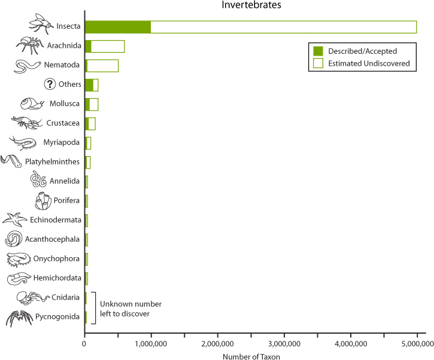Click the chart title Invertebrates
[251, 5]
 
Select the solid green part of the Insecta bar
[118, 27]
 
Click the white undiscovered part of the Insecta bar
[284, 27]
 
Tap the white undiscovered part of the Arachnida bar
[108, 46]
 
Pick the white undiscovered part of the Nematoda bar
[103, 66]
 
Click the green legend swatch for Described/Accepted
[318, 51]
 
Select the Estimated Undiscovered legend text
[369, 63]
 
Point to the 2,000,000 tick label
[218, 344]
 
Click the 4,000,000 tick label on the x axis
[351, 344]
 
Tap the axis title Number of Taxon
[251, 356]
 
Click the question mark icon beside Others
[50, 84]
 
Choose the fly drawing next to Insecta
[41, 24]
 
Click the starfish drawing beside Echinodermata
[15, 219]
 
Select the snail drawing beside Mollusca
[32, 103]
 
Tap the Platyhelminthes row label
[52, 161]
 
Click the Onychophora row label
[56, 258]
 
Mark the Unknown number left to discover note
[130, 309]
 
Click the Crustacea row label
[63, 123]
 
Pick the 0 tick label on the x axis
[84, 344]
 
